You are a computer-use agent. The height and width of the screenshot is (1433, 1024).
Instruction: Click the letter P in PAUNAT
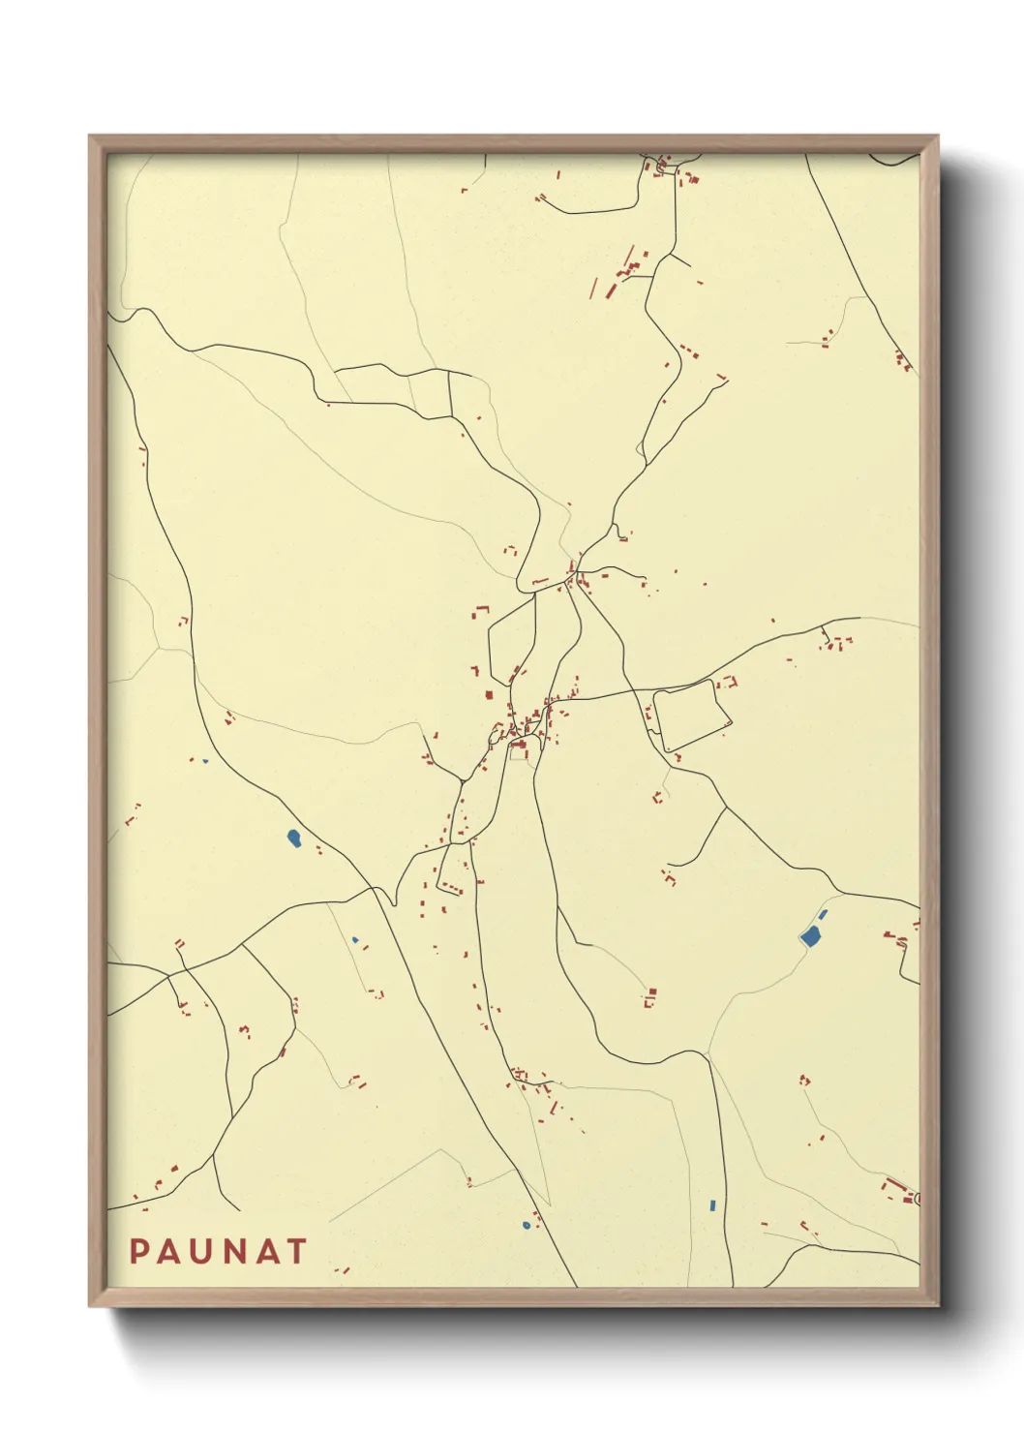tap(138, 1251)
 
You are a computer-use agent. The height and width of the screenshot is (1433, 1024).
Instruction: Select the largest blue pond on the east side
tap(810, 935)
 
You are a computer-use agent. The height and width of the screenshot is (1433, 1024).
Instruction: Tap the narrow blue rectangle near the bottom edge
tap(712, 1205)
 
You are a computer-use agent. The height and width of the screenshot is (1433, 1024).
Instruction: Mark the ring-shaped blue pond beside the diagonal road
tap(527, 1225)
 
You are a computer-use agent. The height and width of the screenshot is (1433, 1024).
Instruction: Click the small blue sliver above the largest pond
tap(824, 914)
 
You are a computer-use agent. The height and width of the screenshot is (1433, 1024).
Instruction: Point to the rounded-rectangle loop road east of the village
tap(691, 716)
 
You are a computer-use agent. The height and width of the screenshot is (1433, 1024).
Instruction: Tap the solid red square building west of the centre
tap(489, 694)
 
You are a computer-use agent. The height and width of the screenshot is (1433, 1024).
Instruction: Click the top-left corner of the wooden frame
tap(90, 137)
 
